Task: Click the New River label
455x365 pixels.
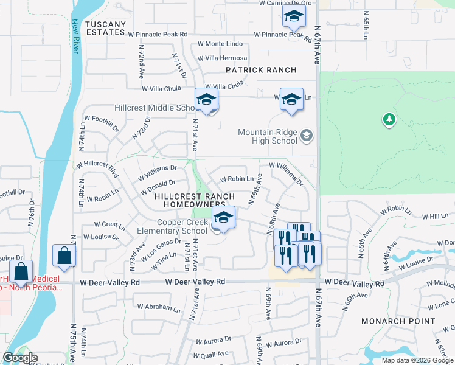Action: pyautogui.click(x=75, y=37)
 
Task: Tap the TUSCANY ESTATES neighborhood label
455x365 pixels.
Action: pyautogui.click(x=106, y=28)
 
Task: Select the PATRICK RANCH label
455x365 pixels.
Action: pyautogui.click(x=261, y=70)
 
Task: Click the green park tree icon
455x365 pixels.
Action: pyautogui.click(x=389, y=120)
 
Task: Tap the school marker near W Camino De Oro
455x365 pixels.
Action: pyautogui.click(x=294, y=18)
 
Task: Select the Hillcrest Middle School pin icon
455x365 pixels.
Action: pyautogui.click(x=206, y=100)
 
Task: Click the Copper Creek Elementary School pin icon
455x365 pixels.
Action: pyautogui.click(x=223, y=218)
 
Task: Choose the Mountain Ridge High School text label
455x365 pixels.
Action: pyautogui.click(x=267, y=137)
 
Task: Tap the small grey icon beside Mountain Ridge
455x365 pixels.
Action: pyautogui.click(x=307, y=135)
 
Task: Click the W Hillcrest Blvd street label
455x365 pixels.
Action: pyautogui.click(x=97, y=165)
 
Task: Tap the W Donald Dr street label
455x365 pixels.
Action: pyautogui.click(x=156, y=182)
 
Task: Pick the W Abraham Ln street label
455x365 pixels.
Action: pyautogui.click(x=159, y=307)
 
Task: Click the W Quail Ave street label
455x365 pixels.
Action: pyautogui.click(x=210, y=353)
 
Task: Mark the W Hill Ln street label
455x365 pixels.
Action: pyautogui.click(x=434, y=216)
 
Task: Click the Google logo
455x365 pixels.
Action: pyautogui.click(x=20, y=358)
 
